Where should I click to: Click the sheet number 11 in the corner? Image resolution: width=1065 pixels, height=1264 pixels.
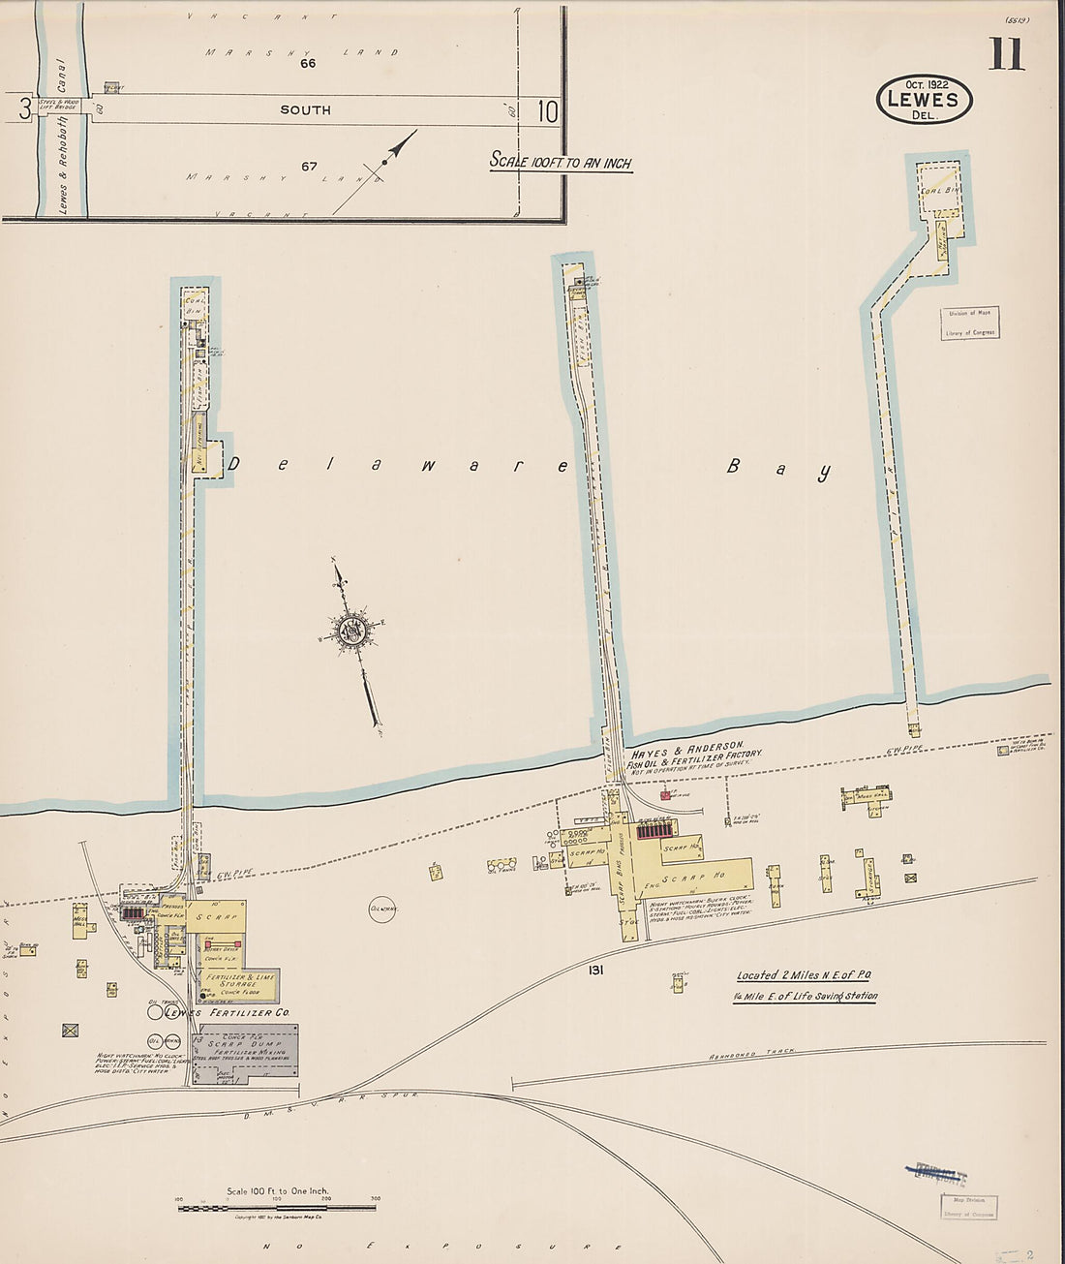1006,54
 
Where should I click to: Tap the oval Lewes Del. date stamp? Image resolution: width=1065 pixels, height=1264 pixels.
924,100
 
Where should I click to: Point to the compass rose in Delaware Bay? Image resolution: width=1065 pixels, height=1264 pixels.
350,631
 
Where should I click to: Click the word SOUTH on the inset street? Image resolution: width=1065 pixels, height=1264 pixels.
305,110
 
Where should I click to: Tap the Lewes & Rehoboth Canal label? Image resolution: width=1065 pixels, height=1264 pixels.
64,145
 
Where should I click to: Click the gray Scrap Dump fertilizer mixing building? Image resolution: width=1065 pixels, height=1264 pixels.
245,1055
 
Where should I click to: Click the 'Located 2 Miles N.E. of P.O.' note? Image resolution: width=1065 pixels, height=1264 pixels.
806,975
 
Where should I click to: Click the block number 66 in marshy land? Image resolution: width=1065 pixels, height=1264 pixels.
308,64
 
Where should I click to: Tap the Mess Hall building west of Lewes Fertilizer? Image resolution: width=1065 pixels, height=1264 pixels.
82,918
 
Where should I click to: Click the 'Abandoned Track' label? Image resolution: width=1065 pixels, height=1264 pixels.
745,1055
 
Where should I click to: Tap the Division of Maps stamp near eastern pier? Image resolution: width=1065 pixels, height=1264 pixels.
970,323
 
